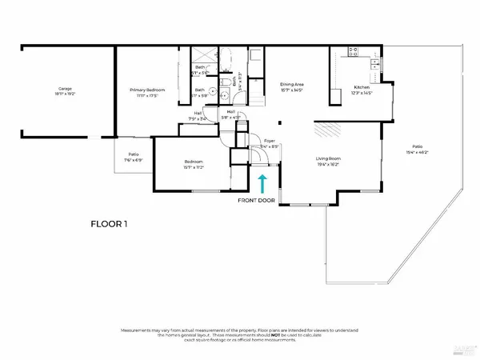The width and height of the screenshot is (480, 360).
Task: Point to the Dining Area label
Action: [x=291, y=86]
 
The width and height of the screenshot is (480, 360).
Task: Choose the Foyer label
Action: [x=269, y=145]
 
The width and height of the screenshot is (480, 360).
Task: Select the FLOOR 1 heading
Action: [x=109, y=225]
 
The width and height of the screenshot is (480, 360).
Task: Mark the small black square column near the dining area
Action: [x=279, y=123]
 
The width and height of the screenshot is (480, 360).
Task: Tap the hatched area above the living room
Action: [x=326, y=131]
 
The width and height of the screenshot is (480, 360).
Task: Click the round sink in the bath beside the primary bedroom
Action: [x=214, y=90]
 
